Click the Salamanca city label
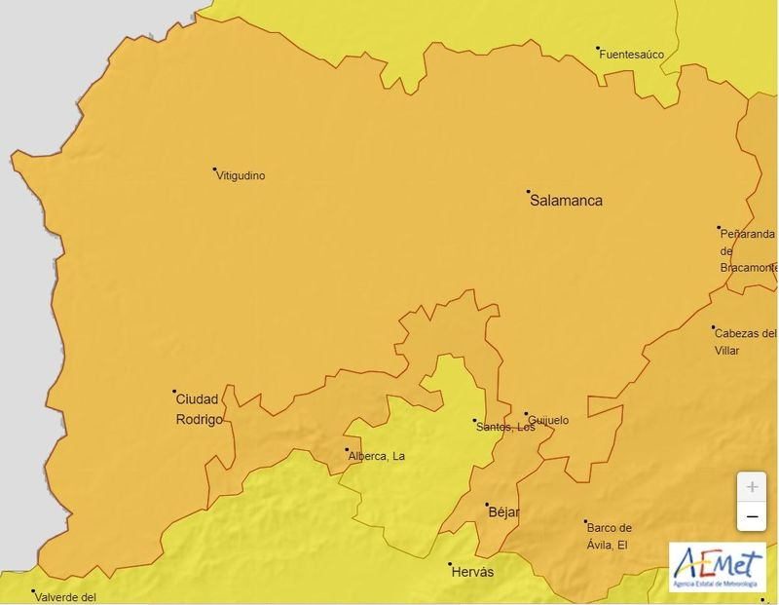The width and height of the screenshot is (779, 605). (566, 201)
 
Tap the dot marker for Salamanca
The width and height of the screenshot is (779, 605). (529, 192)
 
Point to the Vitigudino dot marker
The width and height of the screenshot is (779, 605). (215, 170)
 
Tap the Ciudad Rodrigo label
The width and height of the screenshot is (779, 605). (199, 409)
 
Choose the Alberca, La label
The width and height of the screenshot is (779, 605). (376, 456)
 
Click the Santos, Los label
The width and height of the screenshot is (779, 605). (504, 427)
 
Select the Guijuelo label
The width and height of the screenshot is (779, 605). (548, 421)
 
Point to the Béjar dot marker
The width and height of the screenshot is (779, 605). (487, 505)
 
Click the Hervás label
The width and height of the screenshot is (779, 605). (472, 572)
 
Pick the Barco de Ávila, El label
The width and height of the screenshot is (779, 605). (608, 536)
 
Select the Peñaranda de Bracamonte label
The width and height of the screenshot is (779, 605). (748, 250)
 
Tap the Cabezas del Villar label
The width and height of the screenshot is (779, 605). (745, 341)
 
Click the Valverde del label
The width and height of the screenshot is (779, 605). (67, 598)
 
